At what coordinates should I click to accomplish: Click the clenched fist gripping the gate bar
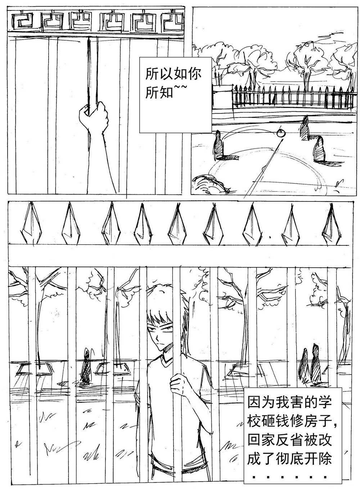[x=94, y=117]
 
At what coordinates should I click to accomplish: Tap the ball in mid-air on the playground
[x=281, y=133]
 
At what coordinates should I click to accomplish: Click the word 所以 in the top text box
[x=159, y=74]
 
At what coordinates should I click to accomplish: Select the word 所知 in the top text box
[x=159, y=92]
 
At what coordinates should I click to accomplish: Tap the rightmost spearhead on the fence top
[x=331, y=223]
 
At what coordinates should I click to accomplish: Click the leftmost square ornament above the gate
[x=22, y=21]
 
